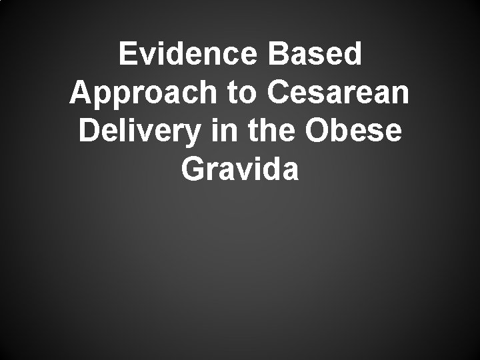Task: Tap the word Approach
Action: [x=143, y=93]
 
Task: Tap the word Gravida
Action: [x=240, y=169]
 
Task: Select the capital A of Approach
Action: [x=80, y=93]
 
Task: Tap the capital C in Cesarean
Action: [x=281, y=93]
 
